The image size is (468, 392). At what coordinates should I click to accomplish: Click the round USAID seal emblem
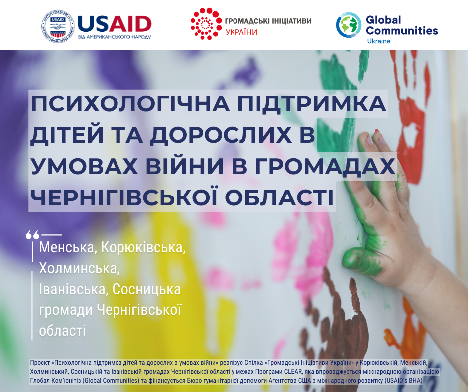coord(57,26)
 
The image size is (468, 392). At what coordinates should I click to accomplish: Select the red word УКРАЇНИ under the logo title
coord(241,32)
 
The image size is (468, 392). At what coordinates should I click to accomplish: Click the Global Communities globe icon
coord(349,25)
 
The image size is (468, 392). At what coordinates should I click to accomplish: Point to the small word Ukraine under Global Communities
coord(379,41)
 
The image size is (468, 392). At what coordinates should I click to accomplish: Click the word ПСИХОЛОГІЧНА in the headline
coord(130,103)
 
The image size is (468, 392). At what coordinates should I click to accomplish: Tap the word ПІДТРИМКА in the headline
coord(312,103)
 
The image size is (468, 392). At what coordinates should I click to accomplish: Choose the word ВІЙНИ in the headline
coord(184,165)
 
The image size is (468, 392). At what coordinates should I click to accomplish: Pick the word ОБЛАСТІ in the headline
coord(279,197)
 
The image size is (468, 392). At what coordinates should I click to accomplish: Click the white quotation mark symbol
coord(32,235)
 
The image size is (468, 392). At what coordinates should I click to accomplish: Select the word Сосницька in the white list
coord(146,289)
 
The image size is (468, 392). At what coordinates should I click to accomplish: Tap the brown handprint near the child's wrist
coord(346,316)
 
